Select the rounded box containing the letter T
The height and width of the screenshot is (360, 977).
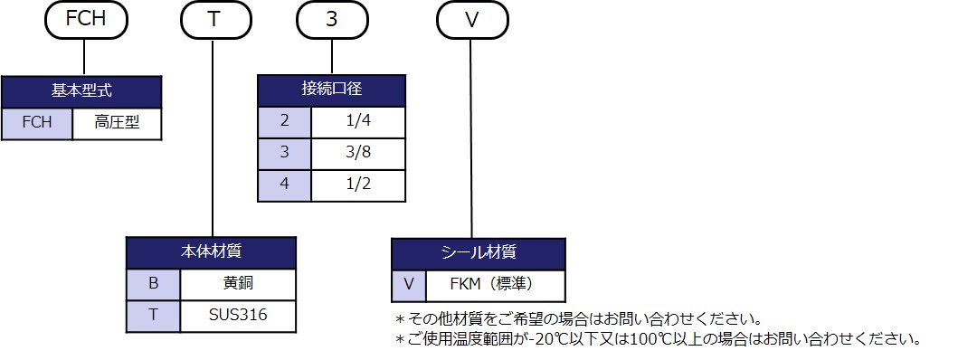pyautogui.click(x=213, y=20)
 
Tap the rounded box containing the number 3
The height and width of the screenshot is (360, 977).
pyautogui.click(x=332, y=20)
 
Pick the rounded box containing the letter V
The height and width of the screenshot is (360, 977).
pyautogui.click(x=470, y=20)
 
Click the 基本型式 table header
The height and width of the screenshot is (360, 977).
pyautogui.click(x=81, y=91)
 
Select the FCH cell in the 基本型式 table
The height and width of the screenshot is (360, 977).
pyautogui.click(x=36, y=124)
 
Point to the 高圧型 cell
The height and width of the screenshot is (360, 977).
pyautogui.click(x=116, y=124)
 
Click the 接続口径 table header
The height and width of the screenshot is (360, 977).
pyautogui.click(x=332, y=90)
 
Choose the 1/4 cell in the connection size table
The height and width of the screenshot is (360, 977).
pyautogui.click(x=358, y=121)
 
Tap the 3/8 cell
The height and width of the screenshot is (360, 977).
pyautogui.click(x=358, y=153)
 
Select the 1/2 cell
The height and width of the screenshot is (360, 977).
pyautogui.click(x=358, y=185)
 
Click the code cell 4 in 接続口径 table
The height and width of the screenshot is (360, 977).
pyautogui.click(x=284, y=185)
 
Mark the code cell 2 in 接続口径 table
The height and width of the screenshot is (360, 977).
pyautogui.click(x=284, y=121)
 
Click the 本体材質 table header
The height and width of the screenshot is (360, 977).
pyautogui.click(x=211, y=252)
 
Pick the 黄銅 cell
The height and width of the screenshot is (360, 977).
pyautogui.click(x=239, y=283)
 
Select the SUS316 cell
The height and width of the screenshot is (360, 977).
pyautogui.click(x=239, y=315)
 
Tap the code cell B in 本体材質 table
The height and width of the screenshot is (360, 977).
pyautogui.click(x=154, y=283)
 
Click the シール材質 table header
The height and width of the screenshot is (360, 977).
pyautogui.click(x=478, y=253)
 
